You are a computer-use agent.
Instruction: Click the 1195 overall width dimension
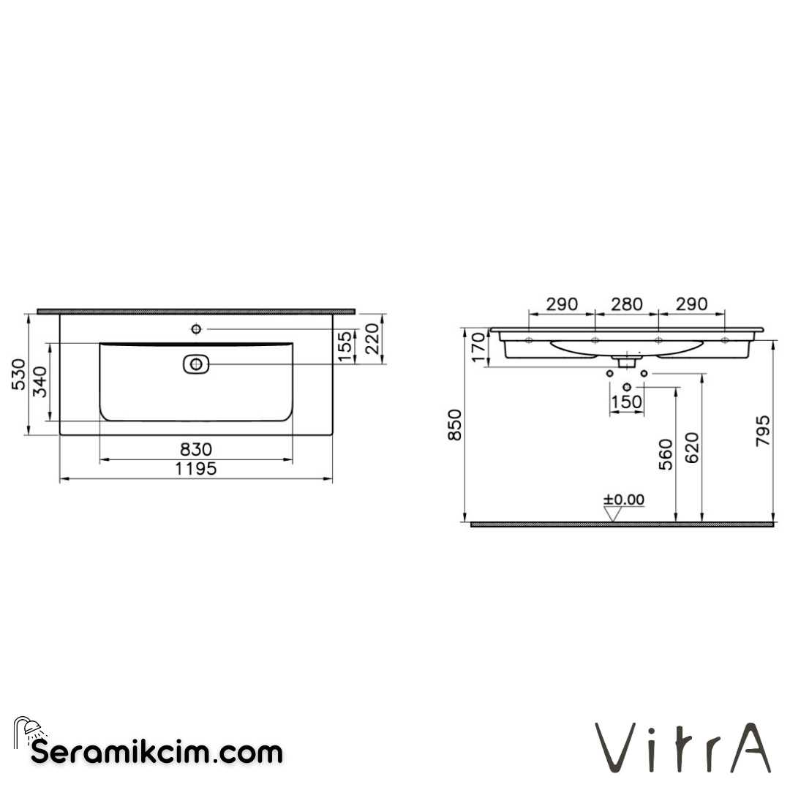coord(196,469)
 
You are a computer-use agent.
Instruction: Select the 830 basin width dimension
coord(196,448)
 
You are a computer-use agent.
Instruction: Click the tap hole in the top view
coord(196,328)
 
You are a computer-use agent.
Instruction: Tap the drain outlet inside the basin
coord(195,363)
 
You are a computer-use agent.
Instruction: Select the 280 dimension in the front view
coord(627,304)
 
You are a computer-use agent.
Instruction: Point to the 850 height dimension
coord(455,424)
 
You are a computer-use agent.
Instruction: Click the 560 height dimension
coord(665,455)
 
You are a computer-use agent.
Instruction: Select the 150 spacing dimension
coord(627,402)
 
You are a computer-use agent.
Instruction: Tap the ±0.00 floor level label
coord(624,500)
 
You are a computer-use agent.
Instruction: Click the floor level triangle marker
coord(612,514)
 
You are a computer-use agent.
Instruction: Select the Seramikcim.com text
coord(157,751)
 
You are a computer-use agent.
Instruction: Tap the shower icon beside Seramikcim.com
coord(28,729)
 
